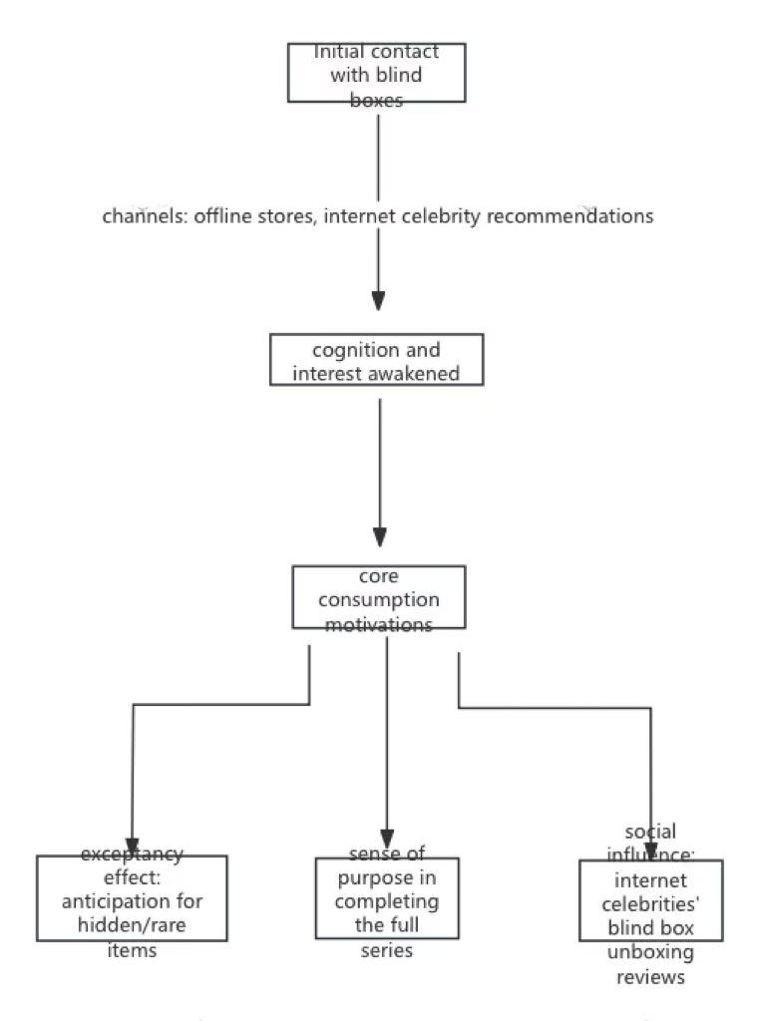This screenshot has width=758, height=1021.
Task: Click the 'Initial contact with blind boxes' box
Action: (x=376, y=73)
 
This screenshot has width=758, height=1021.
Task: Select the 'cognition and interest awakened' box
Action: (x=376, y=360)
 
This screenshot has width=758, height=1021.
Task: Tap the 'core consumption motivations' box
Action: (x=378, y=597)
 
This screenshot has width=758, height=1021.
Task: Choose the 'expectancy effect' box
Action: (x=132, y=898)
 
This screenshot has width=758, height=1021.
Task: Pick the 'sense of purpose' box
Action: (x=387, y=898)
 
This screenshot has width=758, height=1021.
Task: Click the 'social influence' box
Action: (x=650, y=900)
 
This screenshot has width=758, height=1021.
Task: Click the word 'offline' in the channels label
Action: (x=224, y=216)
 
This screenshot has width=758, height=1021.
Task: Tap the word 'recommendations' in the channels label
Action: (x=569, y=216)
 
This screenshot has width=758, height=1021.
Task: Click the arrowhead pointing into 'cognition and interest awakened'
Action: (x=378, y=300)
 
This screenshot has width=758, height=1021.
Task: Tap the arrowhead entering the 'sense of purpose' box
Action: (x=387, y=839)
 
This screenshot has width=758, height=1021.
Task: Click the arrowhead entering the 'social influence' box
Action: (x=650, y=850)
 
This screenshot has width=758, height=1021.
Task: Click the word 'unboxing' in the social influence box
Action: (x=650, y=952)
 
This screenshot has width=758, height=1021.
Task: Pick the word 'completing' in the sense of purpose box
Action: (x=387, y=901)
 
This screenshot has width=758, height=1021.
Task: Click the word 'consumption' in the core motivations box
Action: (x=378, y=600)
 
